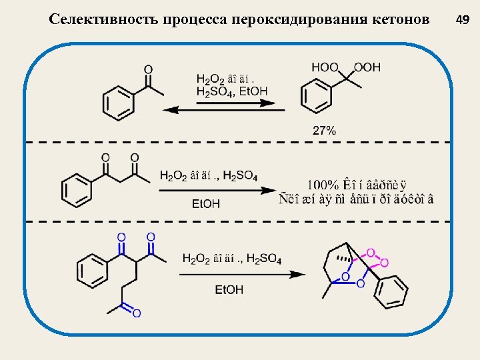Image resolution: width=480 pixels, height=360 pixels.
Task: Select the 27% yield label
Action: tap(324, 131)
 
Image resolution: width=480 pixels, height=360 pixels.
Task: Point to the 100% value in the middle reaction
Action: tap(321, 184)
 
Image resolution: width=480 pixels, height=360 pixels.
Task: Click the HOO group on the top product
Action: tap(325, 67)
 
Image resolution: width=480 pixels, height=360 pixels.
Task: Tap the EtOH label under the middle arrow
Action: tap(206, 204)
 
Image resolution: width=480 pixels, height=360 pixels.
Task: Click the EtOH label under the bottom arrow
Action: tap(229, 289)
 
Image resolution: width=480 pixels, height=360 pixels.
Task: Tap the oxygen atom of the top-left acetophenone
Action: tap(148, 69)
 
